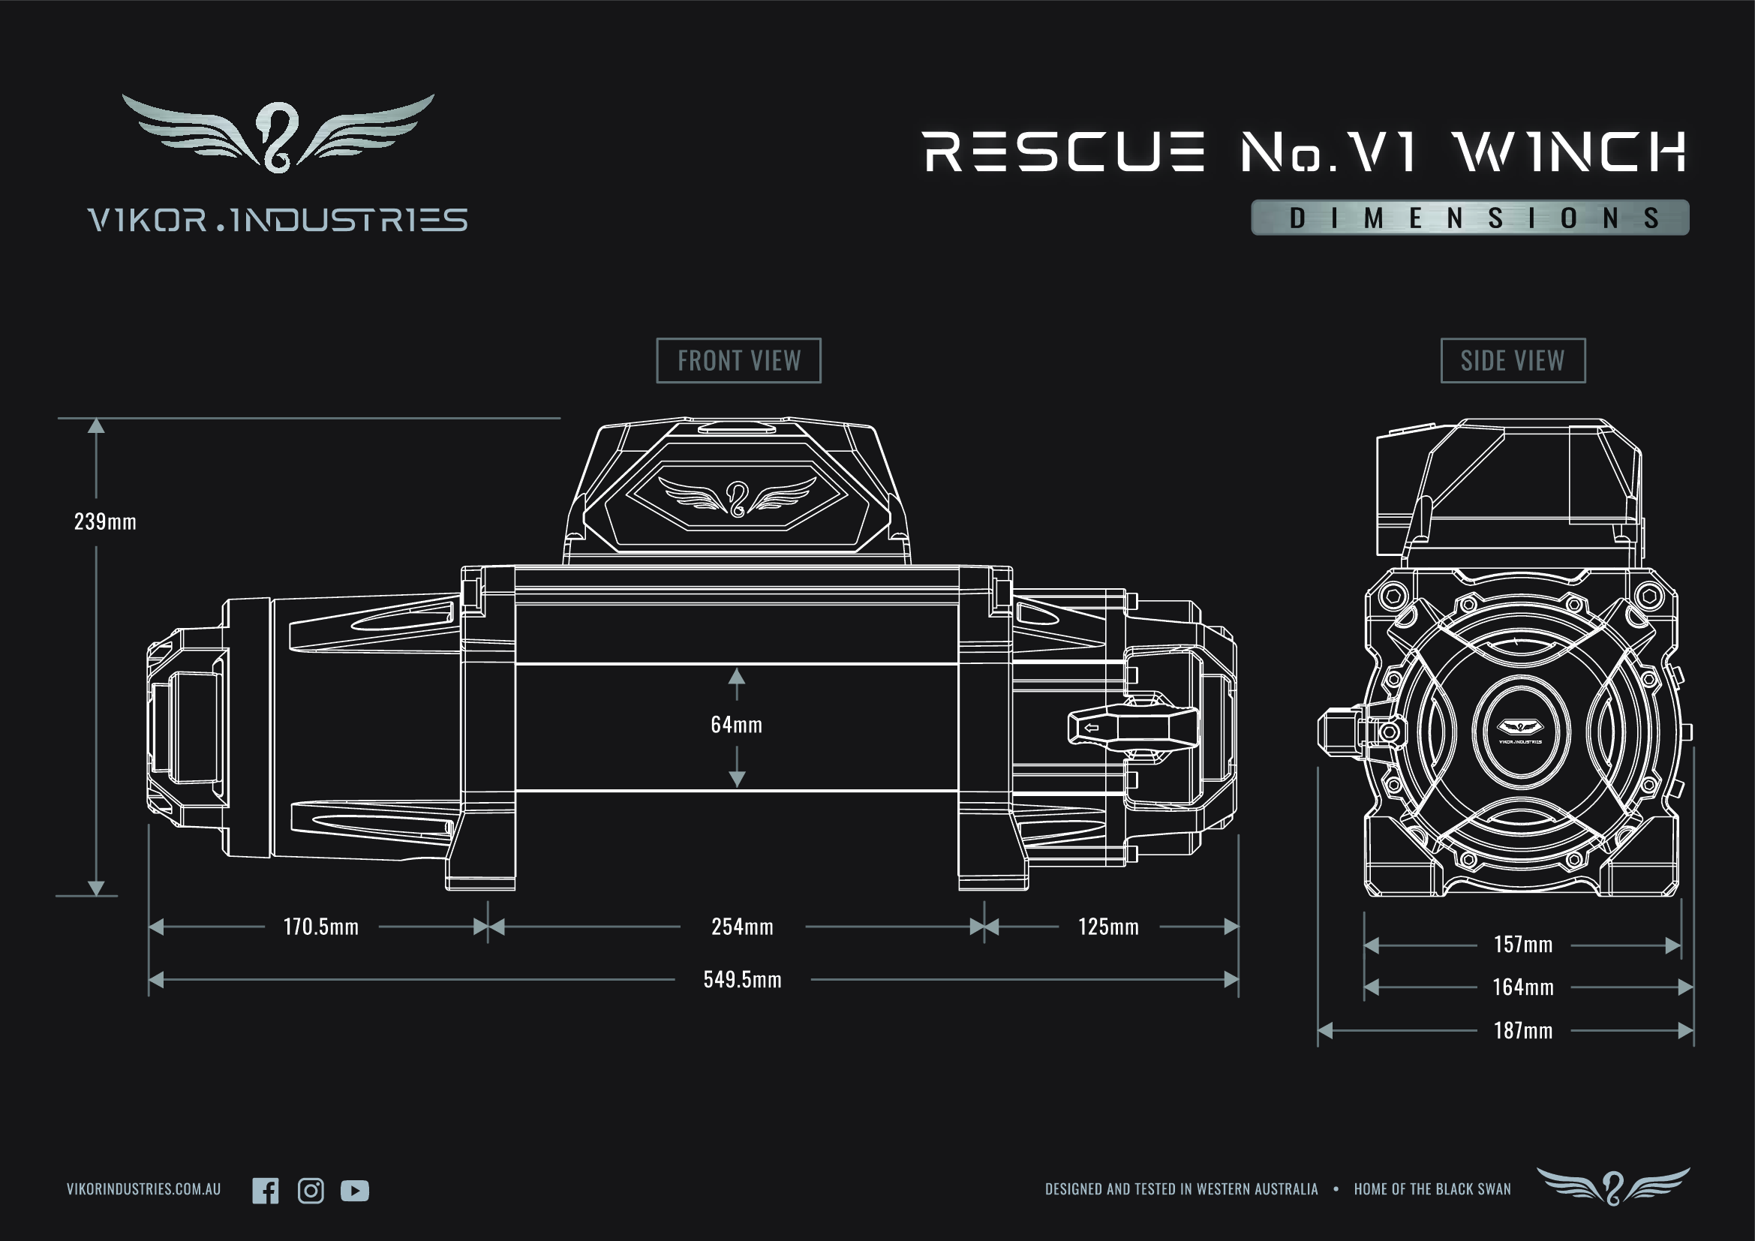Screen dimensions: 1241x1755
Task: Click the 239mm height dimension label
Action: point(106,522)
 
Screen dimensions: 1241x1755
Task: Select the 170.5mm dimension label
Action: point(321,927)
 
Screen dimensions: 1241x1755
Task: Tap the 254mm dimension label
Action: point(742,927)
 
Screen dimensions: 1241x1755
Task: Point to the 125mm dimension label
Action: point(1108,927)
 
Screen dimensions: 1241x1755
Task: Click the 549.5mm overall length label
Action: point(742,980)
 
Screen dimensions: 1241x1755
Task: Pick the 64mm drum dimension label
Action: point(736,725)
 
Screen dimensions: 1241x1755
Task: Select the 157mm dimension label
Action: point(1522,945)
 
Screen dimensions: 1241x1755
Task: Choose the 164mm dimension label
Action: point(1522,987)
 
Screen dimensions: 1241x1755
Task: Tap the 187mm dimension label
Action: point(1522,1031)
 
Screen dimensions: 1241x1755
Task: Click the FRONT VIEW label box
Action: point(738,361)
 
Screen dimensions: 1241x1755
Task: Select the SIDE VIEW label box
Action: point(1513,361)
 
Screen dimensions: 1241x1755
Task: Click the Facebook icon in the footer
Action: point(265,1191)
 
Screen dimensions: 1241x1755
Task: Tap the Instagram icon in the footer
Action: point(311,1191)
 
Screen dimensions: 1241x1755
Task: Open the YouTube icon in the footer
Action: point(355,1191)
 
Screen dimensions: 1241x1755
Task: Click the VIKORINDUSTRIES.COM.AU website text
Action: point(144,1189)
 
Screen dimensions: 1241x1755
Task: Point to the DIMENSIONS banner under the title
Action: point(1469,218)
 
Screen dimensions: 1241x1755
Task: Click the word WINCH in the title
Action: point(1570,152)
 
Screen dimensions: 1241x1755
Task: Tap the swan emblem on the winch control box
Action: point(737,497)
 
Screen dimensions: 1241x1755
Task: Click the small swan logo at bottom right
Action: point(1613,1187)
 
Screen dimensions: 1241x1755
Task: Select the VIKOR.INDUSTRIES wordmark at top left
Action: point(278,220)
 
